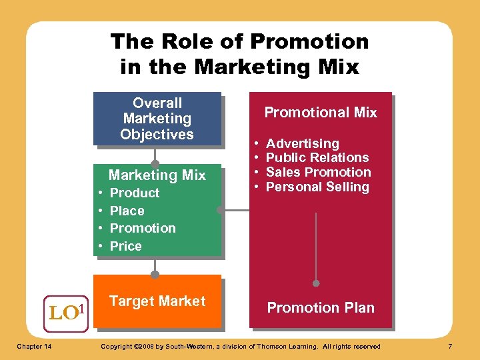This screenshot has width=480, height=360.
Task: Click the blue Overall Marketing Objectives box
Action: [157, 119]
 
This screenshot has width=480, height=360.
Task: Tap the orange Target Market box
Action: [157, 301]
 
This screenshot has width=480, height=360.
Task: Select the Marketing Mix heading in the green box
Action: [157, 175]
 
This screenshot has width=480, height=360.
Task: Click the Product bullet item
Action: [134, 193]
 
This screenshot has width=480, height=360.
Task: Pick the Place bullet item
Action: [127, 211]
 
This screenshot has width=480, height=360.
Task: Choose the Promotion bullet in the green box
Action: [143, 228]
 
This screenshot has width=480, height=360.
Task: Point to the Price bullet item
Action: [125, 246]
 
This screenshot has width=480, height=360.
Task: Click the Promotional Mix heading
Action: [321, 113]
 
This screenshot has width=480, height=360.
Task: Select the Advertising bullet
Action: [302, 143]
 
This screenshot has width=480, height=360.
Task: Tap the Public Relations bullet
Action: [317, 157]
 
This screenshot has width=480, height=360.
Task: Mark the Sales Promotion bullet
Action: [318, 172]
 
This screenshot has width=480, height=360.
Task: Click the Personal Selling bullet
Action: [317, 187]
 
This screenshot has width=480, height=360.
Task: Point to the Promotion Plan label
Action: [321, 308]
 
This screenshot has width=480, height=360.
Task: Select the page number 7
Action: [450, 346]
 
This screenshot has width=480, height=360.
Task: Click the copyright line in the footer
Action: [239, 346]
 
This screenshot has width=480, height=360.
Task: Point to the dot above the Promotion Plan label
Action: [316, 283]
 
